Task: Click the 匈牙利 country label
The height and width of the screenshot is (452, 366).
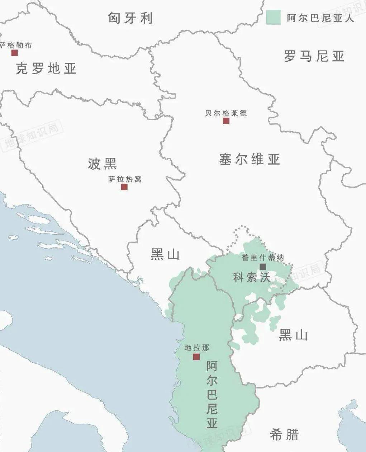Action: [x=130, y=18]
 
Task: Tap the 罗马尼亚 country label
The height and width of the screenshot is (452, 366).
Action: [x=314, y=56]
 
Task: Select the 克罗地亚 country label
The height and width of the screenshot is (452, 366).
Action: [x=46, y=68]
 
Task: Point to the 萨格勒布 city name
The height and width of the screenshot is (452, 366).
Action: [x=16, y=45]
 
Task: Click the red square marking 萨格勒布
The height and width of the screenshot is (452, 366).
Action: [x=14, y=53]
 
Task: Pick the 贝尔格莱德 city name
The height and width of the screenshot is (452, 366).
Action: [x=226, y=113]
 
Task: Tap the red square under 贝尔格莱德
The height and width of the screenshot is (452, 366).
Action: [x=226, y=121]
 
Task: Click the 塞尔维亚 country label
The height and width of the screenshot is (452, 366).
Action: [x=249, y=159]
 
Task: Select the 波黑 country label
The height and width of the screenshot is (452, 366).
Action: [x=103, y=164]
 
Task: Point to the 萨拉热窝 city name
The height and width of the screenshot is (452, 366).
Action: [x=125, y=179]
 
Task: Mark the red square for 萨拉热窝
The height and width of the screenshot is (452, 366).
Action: [x=124, y=187]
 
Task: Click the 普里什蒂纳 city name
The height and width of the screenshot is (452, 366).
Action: [x=263, y=258]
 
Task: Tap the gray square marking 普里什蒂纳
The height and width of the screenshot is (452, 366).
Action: [x=263, y=267]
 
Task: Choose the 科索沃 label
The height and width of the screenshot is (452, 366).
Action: [x=252, y=277]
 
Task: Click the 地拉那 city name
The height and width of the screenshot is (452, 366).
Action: [x=196, y=348]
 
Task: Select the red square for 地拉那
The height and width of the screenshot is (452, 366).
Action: [x=196, y=357]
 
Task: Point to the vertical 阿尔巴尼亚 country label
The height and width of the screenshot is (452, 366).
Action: [x=212, y=395]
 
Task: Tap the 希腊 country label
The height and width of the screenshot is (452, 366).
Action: [x=284, y=434]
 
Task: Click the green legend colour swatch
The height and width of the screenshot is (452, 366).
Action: [x=273, y=17]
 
